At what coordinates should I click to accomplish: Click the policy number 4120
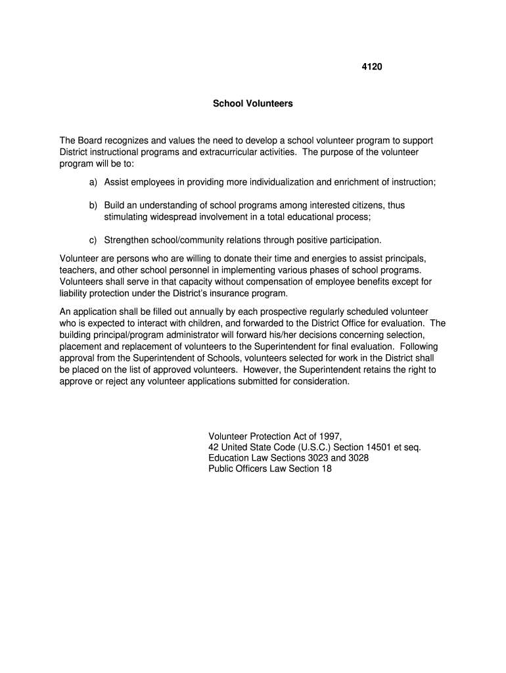pos(372,66)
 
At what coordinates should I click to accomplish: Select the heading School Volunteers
pos(253,104)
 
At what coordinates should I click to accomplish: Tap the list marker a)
pos(93,181)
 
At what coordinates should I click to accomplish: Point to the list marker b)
pos(93,205)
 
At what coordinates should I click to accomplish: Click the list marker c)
pos(93,240)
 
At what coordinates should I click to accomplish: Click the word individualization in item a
pos(278,181)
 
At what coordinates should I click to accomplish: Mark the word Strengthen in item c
pos(127,240)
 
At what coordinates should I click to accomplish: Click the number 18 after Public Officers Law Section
pos(327,469)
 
